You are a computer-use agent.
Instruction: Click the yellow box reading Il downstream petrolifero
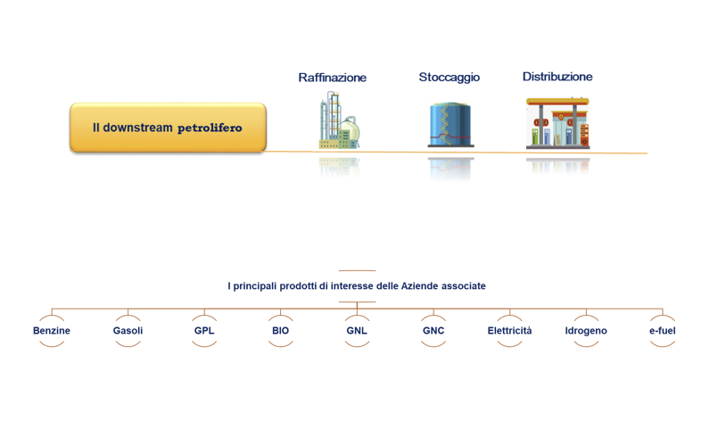(x=168, y=128)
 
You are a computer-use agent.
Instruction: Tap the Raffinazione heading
(x=333, y=78)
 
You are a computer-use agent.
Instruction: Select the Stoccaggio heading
(x=450, y=77)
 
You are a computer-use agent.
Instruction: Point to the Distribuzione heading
(x=557, y=77)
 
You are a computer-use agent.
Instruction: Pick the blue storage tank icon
(x=450, y=125)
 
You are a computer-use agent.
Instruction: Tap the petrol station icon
(x=557, y=123)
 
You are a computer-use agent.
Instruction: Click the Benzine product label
(x=52, y=331)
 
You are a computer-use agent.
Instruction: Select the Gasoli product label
(x=128, y=331)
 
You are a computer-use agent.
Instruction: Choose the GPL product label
(x=204, y=331)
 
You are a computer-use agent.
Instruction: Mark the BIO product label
(x=280, y=331)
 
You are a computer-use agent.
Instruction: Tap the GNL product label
(x=357, y=331)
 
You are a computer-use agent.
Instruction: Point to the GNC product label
(x=433, y=331)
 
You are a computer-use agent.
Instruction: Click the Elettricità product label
(x=509, y=331)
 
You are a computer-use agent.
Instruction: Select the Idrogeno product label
(x=586, y=331)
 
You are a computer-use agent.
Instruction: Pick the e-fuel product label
(x=662, y=331)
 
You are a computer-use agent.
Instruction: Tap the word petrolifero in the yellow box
(x=210, y=128)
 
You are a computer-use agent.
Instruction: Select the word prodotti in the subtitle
(x=298, y=286)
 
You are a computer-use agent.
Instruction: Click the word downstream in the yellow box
(x=138, y=128)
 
